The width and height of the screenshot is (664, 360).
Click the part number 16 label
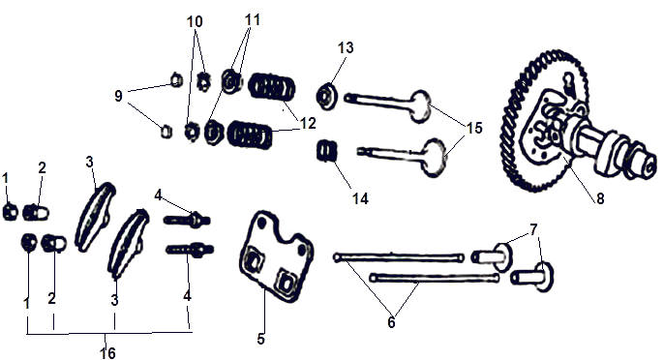(107, 353)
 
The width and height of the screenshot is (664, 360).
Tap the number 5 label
(261, 339)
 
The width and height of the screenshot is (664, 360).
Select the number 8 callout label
(600, 198)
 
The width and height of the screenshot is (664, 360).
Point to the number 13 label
(346, 47)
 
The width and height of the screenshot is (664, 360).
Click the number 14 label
(360, 198)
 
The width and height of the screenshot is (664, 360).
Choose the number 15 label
(474, 128)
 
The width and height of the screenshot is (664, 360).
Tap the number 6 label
(391, 322)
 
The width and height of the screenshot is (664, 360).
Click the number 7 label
(533, 230)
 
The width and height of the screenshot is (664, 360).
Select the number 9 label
(118, 96)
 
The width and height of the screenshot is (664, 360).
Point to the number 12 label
(308, 123)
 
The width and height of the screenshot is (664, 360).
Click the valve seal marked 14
(327, 151)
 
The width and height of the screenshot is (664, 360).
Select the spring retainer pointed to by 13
(326, 96)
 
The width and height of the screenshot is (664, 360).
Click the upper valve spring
(271, 86)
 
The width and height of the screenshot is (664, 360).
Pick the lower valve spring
(250, 135)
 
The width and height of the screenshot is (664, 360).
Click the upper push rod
(399, 257)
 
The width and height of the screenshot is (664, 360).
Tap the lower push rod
(435, 278)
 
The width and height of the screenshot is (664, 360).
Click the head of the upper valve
(420, 105)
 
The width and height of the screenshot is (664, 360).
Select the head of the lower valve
(434, 158)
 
